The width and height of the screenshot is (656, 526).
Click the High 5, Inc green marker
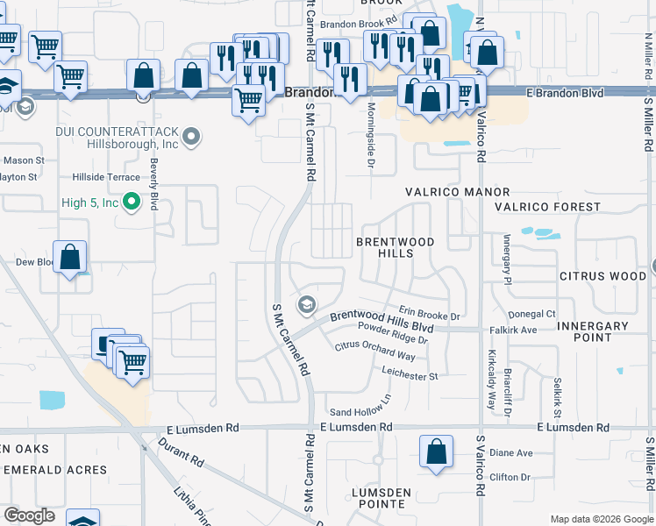[x=132, y=203]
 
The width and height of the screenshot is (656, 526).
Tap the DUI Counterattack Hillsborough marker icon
[x=193, y=136]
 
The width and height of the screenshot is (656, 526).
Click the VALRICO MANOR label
[x=457, y=192]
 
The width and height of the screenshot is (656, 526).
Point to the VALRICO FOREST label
[x=547, y=208]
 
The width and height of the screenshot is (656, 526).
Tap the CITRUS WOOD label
[x=603, y=276]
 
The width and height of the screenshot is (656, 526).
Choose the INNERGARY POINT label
[x=592, y=332]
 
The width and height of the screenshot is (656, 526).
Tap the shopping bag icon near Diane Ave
[x=436, y=452]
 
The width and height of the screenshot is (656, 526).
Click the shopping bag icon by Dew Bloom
[x=70, y=258]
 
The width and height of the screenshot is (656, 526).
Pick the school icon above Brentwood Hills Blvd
[x=306, y=305]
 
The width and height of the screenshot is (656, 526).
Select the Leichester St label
[x=409, y=376]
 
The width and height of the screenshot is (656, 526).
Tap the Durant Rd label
[x=181, y=452]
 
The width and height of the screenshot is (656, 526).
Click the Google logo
[x=29, y=515]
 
